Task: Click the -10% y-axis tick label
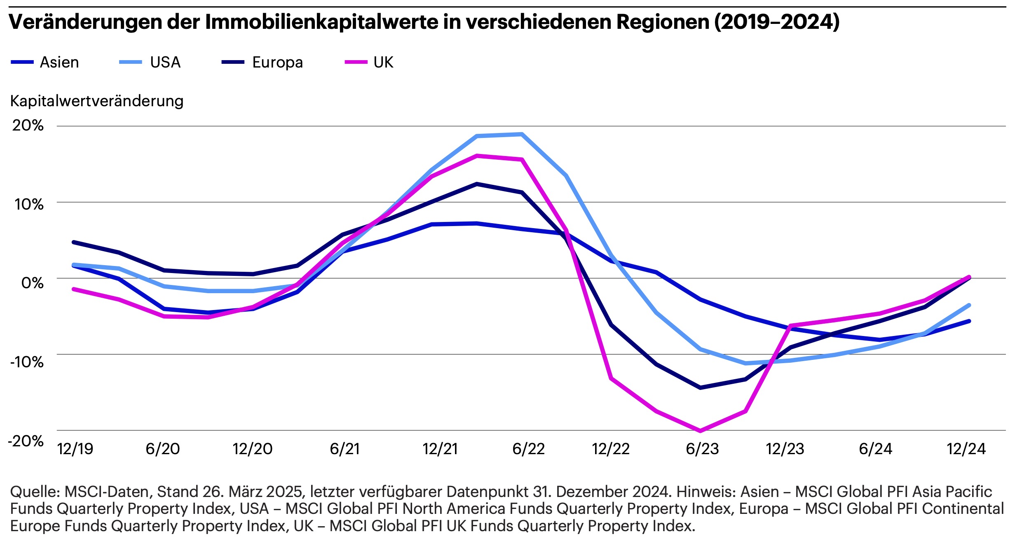pyautogui.click(x=27, y=362)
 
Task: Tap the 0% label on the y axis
pyautogui.click(x=33, y=283)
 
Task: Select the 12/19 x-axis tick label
pyautogui.click(x=75, y=449)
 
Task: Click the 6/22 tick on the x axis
pyautogui.click(x=528, y=449)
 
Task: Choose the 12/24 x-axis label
pyautogui.click(x=966, y=449)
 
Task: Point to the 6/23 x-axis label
pyautogui.click(x=702, y=449)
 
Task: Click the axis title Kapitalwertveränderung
pyautogui.click(x=97, y=101)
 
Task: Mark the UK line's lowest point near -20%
pyautogui.click(x=701, y=431)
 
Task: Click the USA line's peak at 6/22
pyautogui.click(x=522, y=134)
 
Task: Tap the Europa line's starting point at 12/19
pyautogui.click(x=74, y=242)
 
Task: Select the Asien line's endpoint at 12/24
pyautogui.click(x=969, y=321)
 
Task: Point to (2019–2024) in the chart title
pyautogui.click(x=777, y=22)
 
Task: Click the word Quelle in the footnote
pyautogui.click(x=35, y=492)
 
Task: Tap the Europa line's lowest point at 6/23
pyautogui.click(x=701, y=387)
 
